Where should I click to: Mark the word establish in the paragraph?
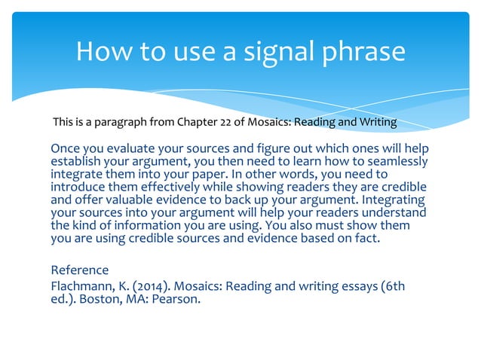(x=75, y=162)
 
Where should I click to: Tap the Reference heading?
(x=79, y=270)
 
